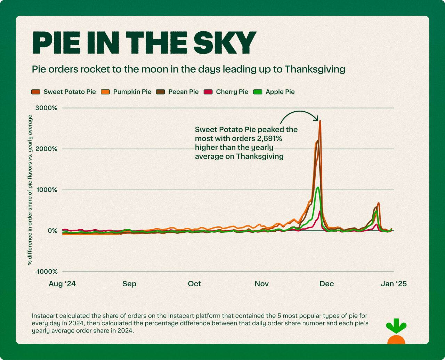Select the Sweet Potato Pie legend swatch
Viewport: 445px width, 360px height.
[x=36, y=92]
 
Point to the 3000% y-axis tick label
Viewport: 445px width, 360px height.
[x=46, y=108]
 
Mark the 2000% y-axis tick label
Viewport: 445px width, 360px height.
[x=46, y=149]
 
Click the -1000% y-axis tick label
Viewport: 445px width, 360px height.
[x=46, y=272]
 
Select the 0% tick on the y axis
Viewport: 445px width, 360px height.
[x=52, y=231]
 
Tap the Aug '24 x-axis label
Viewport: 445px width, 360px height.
[x=62, y=284]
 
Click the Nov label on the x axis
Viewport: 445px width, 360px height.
[x=261, y=284]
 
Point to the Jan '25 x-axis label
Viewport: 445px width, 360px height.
[x=394, y=284]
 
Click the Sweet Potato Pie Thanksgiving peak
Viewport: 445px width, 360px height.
[x=320, y=121]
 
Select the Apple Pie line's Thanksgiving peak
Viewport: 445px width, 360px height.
[x=317, y=188]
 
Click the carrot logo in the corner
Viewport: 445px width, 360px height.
[x=396, y=332]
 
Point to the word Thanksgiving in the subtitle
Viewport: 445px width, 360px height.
[x=315, y=69]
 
